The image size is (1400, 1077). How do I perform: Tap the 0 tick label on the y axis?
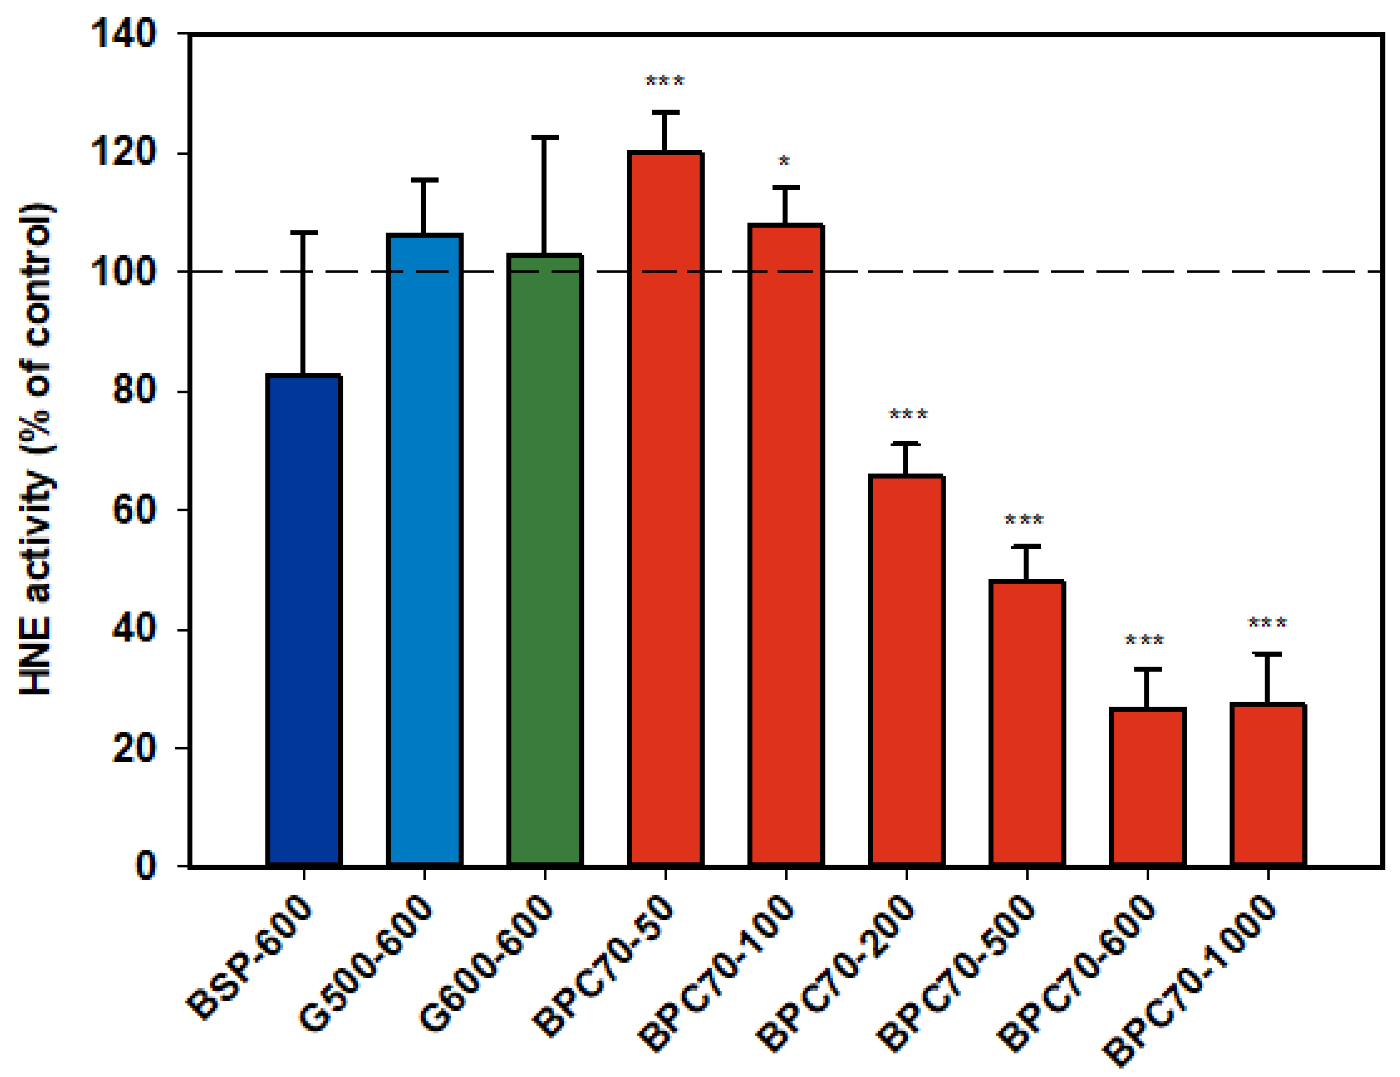[x=146, y=866]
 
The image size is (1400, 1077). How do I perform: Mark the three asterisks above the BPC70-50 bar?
[x=665, y=81]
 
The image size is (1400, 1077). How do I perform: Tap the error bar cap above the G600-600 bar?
[x=544, y=137]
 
